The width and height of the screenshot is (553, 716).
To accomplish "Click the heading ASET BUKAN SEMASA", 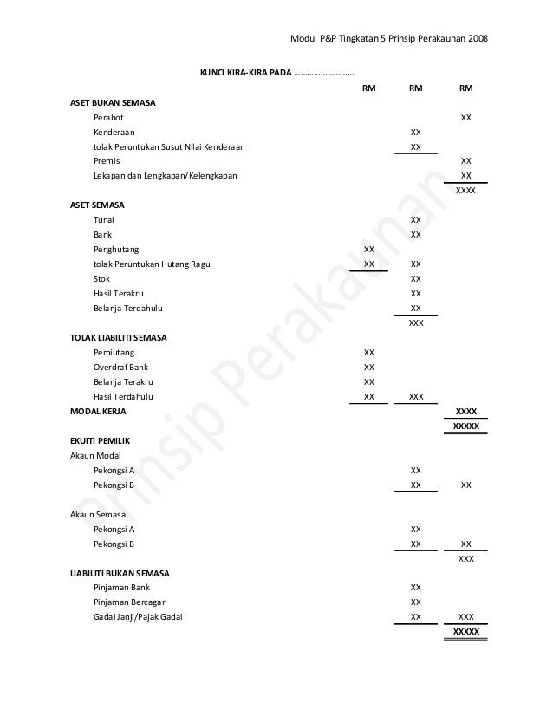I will (x=113, y=102).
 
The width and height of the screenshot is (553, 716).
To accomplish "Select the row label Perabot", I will (x=107, y=117).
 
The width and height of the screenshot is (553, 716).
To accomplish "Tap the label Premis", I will (x=107, y=161).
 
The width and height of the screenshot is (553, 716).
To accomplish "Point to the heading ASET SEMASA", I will (x=97, y=205).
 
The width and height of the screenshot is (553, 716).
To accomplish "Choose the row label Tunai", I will (x=104, y=220).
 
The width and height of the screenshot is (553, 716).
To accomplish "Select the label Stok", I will (x=102, y=279).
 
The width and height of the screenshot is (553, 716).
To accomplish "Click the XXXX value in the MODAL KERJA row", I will (x=466, y=412).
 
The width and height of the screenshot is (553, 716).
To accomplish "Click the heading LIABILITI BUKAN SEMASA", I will (x=120, y=574).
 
